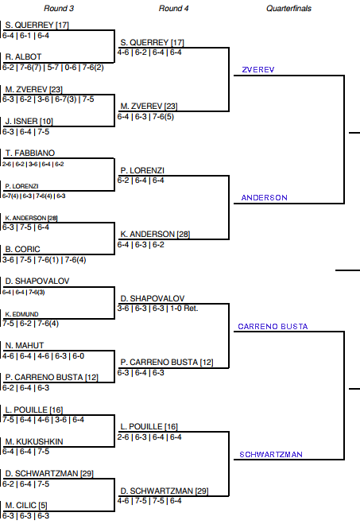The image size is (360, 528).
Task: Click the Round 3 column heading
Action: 59,9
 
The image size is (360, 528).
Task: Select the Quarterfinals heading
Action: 288,9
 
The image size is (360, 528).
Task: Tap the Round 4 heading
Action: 173,9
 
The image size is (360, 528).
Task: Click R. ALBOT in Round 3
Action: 23,56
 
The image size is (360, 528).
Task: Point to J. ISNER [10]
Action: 29,121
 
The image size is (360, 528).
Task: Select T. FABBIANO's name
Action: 30,153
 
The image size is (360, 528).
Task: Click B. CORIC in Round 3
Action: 22,249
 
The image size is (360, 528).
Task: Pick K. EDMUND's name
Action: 21,314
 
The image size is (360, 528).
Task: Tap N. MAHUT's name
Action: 25,345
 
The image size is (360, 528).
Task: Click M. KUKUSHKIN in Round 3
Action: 34,441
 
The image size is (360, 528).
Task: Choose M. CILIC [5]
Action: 26,506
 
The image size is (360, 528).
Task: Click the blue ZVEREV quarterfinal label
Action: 258,70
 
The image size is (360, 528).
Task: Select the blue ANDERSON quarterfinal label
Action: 265,198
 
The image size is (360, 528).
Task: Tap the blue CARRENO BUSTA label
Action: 273,326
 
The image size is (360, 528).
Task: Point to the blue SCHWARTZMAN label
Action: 271,455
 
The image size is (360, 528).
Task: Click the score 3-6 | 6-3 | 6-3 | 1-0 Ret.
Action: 158,309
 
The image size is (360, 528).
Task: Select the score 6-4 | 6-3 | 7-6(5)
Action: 145,117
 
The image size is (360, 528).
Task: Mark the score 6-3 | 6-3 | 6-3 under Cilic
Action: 26,516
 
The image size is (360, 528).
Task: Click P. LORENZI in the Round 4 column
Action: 142,170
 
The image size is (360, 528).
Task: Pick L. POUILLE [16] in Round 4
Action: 149,427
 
